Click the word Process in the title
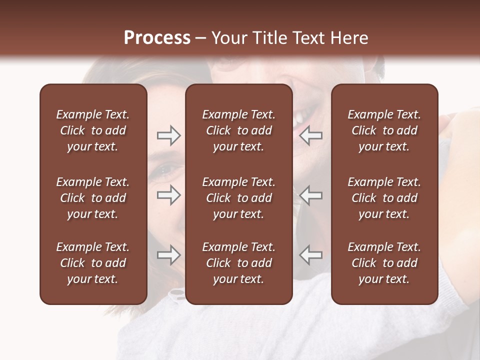[x=157, y=38]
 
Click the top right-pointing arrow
[x=168, y=135]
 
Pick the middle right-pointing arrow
[x=168, y=195]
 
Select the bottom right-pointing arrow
[x=168, y=255]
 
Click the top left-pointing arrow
[x=311, y=135]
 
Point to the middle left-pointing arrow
[x=311, y=195]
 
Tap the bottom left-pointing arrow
[x=311, y=255]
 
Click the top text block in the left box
[x=93, y=130]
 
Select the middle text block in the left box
[x=93, y=198]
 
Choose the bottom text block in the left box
[x=93, y=263]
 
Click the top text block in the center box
[x=238, y=130]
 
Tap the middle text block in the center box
[x=238, y=198]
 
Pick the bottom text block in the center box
[x=238, y=263]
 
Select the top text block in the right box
[x=384, y=130]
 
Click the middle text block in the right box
[x=384, y=198]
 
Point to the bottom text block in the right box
[x=384, y=263]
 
